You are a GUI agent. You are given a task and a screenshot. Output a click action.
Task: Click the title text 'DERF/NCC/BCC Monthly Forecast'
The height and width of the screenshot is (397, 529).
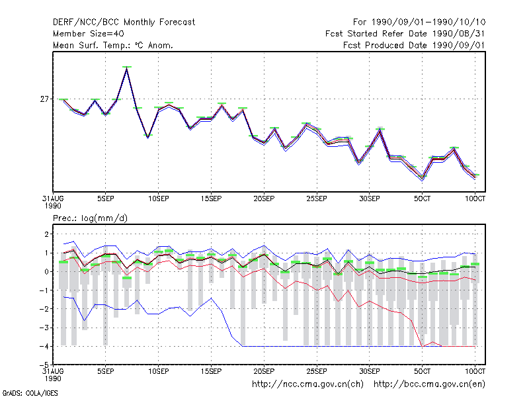124,22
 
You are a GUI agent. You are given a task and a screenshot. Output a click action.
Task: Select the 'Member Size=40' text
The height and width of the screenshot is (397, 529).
89,34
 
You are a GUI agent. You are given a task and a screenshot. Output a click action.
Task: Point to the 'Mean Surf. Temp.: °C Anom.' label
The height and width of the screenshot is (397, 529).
112,45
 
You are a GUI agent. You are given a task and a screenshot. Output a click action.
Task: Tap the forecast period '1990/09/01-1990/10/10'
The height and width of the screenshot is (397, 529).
428,22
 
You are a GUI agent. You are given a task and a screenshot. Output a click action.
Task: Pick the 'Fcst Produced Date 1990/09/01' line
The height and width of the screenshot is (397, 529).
414,45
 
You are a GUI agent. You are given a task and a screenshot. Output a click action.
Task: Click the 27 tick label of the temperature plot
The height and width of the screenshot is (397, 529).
44,99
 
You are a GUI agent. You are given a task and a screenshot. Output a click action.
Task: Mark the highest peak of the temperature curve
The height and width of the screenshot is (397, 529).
127,67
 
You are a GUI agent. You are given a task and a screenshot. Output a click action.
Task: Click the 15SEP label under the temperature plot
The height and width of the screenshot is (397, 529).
211,198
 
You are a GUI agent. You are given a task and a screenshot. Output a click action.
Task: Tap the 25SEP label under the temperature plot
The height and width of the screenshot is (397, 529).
317,198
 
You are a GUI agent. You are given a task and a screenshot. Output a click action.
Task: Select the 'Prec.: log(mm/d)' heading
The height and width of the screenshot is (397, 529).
90,218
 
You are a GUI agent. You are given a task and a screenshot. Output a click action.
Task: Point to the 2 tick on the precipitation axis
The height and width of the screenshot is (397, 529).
46,234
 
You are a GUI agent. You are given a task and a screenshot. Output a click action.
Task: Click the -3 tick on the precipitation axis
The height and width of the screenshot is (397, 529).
44,328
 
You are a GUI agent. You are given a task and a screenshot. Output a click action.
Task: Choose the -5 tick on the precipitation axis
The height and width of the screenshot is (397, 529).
44,365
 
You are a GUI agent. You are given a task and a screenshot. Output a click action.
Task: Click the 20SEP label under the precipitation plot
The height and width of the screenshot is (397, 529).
264,371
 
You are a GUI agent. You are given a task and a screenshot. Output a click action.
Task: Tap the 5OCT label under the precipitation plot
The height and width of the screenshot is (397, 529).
422,371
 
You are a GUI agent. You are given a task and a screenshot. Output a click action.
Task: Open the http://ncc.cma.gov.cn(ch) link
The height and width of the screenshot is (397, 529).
307,384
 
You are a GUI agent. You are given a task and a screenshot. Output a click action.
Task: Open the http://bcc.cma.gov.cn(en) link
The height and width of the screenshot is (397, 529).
429,384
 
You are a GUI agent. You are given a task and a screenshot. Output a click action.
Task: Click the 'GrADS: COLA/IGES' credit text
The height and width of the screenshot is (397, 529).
30,393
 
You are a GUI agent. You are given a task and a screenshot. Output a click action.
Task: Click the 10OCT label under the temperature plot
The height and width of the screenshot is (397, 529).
475,198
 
